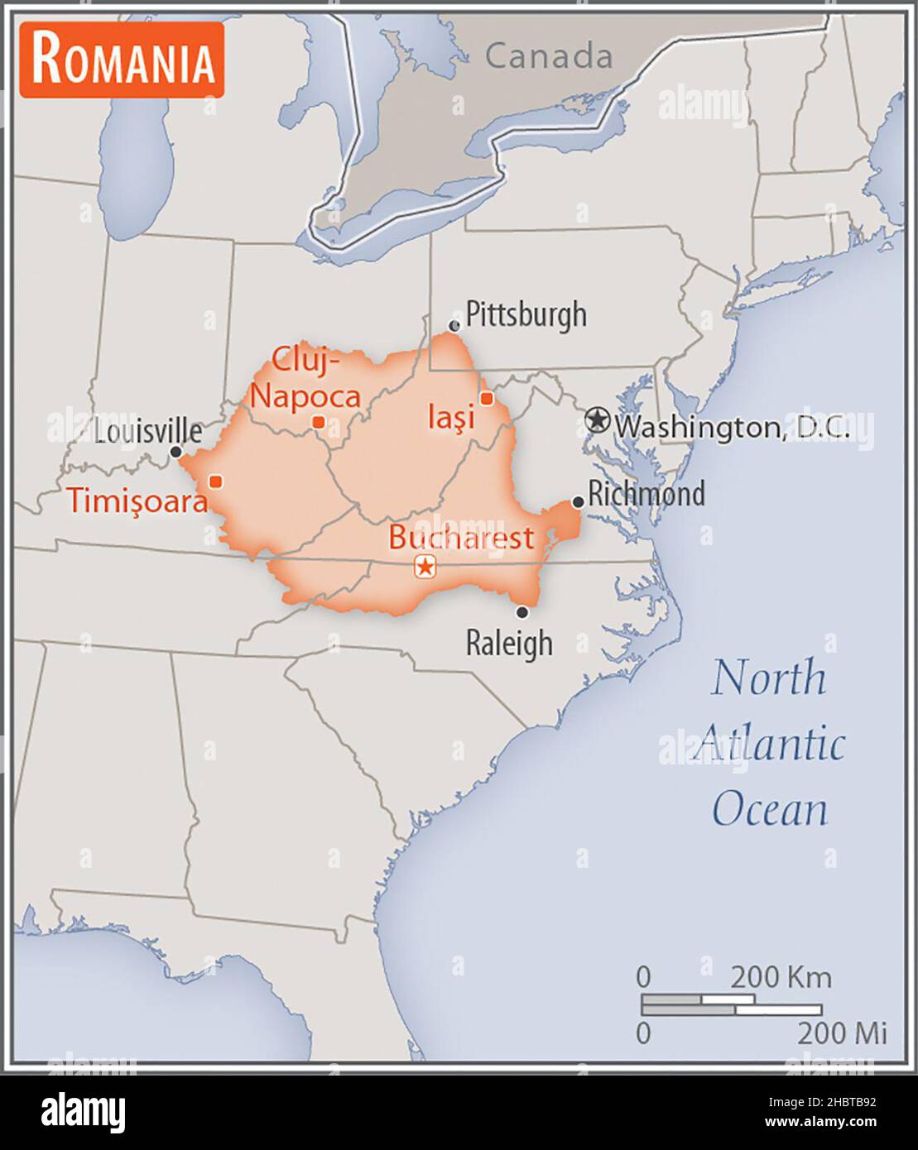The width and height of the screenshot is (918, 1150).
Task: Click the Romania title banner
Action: [123, 60]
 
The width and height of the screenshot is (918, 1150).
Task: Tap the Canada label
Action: [548, 56]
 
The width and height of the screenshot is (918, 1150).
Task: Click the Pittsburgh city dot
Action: [454, 326]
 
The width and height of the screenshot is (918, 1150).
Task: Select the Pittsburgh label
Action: [526, 314]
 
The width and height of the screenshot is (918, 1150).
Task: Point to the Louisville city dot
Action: [175, 452]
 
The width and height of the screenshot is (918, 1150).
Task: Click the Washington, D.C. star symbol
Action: [596, 420]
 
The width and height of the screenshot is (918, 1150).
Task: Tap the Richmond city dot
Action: [578, 502]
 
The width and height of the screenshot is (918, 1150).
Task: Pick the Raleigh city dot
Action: [522, 612]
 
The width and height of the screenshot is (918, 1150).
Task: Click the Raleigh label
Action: [508, 643]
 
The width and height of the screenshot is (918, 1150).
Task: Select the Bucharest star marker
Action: [425, 567]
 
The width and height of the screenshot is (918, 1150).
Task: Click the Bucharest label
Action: [461, 539]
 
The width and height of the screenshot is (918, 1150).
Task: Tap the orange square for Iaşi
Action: [487, 399]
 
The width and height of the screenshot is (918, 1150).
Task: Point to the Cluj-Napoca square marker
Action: [319, 422]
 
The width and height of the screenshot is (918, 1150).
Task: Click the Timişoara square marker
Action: [215, 481]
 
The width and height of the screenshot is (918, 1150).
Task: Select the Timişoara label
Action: [137, 501]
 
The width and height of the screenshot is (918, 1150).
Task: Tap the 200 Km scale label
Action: [780, 977]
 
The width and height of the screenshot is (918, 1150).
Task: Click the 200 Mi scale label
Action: [842, 1033]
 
